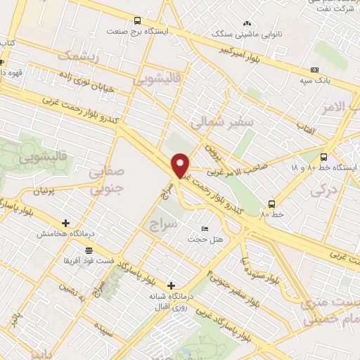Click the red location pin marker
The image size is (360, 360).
[x=181, y=165]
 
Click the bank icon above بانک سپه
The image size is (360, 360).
[x=314, y=70]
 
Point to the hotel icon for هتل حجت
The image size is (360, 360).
[x=205, y=229]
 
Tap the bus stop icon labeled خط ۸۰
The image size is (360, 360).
[x=271, y=205]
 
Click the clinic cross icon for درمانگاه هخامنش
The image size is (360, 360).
[x=65, y=223]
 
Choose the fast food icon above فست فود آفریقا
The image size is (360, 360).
[x=89, y=250]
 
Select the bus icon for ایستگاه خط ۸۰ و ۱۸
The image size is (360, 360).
[x=323, y=157]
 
